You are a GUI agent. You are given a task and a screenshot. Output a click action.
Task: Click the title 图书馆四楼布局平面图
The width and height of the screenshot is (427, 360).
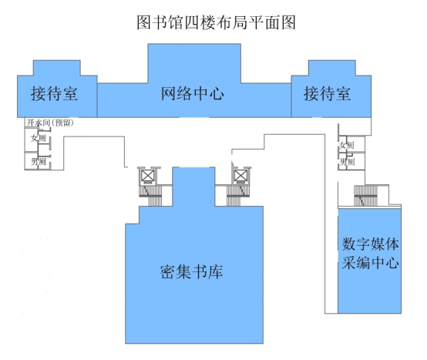[x=216, y=22]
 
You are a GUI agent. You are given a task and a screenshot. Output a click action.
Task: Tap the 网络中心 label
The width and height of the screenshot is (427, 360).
[x=193, y=94]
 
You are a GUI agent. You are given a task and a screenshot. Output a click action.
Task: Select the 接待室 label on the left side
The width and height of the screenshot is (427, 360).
[x=54, y=94]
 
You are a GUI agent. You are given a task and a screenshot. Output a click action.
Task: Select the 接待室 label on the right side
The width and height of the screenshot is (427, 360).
[x=327, y=94]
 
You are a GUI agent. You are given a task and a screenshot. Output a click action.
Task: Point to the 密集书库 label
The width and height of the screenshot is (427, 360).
[x=191, y=271]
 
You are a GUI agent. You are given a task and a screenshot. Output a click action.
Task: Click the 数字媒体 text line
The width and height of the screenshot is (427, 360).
[x=371, y=244]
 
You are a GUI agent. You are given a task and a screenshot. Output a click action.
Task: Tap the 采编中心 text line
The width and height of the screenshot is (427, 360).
[x=371, y=263]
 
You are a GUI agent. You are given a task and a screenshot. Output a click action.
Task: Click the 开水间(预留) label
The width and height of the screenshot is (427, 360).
[x=50, y=123]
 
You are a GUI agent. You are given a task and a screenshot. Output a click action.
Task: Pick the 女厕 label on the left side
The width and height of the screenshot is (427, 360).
[x=38, y=138]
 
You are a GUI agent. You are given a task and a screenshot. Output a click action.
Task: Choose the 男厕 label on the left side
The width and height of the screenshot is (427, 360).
[x=38, y=162]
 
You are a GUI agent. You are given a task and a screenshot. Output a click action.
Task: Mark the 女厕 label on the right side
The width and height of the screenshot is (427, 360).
[x=347, y=145]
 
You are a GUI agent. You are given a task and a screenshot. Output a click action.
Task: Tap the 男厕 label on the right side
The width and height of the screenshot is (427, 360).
[x=347, y=162]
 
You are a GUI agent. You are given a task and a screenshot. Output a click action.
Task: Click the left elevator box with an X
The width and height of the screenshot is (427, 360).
[x=148, y=176]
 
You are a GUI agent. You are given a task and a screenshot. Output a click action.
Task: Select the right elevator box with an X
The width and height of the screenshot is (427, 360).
[x=241, y=176]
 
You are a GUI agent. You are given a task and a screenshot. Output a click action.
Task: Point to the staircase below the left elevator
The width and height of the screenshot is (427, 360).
[x=151, y=196]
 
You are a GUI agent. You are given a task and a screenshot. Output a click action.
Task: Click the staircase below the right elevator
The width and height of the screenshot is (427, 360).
[x=238, y=196]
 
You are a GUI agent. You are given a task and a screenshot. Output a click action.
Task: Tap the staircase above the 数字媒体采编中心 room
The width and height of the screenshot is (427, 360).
[x=365, y=196]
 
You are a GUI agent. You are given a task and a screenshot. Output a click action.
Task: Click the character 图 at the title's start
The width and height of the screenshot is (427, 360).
[x=143, y=22]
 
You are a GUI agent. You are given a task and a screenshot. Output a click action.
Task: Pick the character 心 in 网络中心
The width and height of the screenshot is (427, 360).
[x=217, y=94]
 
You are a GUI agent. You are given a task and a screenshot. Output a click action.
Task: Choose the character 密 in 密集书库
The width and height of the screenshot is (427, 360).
[x=167, y=271]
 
